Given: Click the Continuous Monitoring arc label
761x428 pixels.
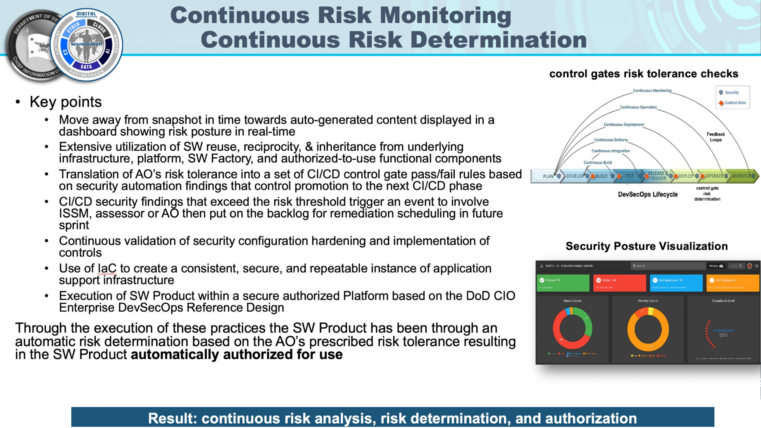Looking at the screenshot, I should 652,91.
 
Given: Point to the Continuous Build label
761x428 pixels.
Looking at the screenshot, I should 597,163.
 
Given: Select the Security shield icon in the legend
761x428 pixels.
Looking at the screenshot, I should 721,92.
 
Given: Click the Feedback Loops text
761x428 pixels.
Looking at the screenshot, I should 715,137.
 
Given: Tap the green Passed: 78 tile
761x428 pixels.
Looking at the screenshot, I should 562,283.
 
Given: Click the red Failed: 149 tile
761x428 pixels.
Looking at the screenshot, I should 619,283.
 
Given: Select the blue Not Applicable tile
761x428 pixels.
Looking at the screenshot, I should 676,283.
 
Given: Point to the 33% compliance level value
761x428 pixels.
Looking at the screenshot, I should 723,335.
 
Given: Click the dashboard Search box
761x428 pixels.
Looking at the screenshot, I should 668,266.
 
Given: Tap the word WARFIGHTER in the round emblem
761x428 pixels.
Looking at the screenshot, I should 86,44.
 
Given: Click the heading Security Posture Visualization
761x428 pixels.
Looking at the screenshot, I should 646,246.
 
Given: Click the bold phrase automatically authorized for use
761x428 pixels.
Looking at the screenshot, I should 236,354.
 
